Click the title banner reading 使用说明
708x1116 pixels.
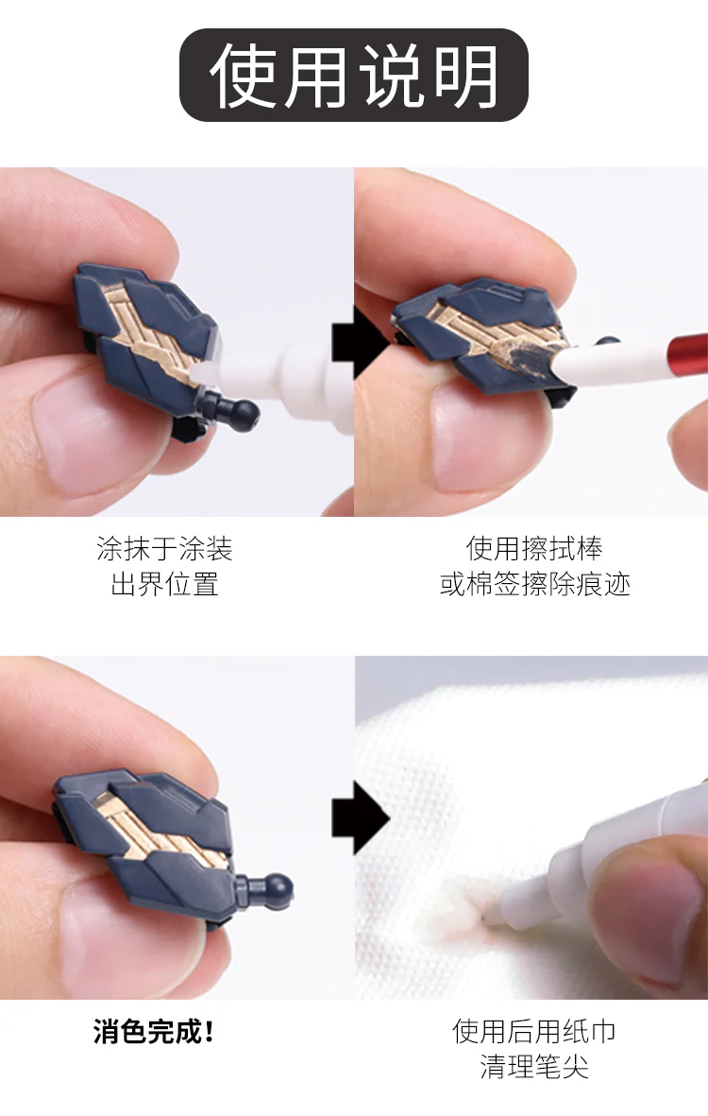tap(353, 75)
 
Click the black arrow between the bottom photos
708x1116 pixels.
tap(361, 817)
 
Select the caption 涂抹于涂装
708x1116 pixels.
tap(164, 549)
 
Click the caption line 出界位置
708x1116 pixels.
tap(164, 584)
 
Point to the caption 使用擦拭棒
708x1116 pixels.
tap(534, 549)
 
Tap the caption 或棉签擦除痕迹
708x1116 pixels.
tap(534, 584)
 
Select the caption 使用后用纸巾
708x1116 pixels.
tap(534, 1031)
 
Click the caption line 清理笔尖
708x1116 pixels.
tap(534, 1067)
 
